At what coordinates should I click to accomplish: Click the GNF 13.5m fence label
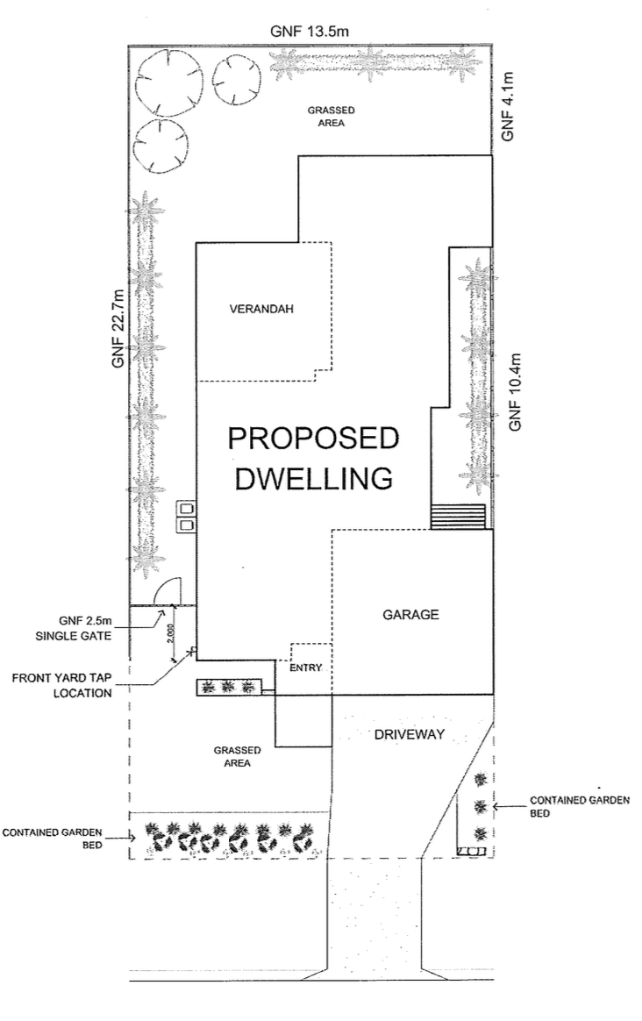tap(310, 32)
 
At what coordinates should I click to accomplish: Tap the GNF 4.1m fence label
tap(508, 106)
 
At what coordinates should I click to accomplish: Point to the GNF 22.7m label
tap(118, 329)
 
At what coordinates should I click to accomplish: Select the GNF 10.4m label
tap(515, 391)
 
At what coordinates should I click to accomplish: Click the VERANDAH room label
tap(261, 309)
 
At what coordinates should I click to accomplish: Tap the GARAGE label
tap(410, 614)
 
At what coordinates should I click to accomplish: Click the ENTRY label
tap(305, 668)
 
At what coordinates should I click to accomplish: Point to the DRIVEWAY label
tap(409, 734)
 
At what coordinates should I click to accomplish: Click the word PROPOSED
tap(313, 439)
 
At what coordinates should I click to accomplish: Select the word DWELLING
tap(313, 478)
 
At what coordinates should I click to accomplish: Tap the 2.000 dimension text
tap(169, 633)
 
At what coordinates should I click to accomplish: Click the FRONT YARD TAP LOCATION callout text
tap(62, 686)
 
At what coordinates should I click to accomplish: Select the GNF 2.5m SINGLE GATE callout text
tap(73, 628)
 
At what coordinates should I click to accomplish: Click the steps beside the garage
tap(458, 516)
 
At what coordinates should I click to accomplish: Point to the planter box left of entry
tap(229, 686)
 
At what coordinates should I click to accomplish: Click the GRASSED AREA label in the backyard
tap(332, 117)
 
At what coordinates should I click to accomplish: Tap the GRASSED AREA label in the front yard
tap(237, 757)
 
